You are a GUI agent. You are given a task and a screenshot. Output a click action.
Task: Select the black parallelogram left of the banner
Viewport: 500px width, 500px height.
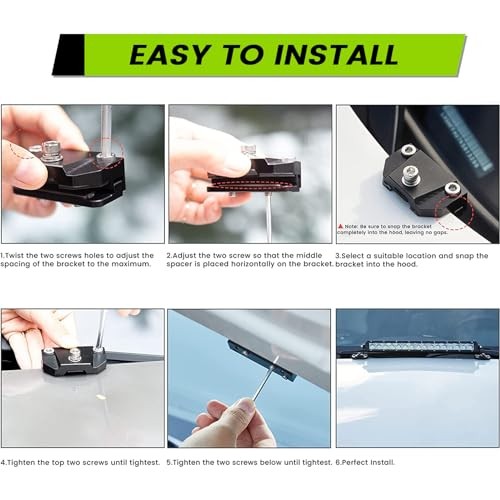(68, 55)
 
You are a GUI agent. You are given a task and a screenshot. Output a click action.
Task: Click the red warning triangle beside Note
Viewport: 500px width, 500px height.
(342, 227)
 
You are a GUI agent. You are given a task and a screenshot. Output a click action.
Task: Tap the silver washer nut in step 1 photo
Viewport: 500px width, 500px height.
(49, 151)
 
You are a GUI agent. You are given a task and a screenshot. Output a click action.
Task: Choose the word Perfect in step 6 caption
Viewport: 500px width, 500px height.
(359, 462)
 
